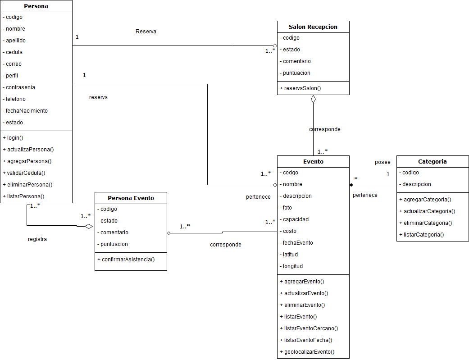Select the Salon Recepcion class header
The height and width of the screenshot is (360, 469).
313,27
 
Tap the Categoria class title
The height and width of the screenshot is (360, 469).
432,161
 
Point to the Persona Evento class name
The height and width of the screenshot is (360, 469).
131,198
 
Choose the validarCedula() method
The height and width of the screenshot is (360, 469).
26,173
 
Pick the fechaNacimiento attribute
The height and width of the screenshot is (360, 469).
27,111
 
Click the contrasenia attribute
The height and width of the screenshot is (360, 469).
20,87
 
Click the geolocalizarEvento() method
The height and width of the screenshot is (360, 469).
310,352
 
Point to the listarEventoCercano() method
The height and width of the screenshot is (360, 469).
311,328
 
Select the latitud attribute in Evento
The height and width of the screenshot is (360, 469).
290,255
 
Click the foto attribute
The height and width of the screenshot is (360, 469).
287,208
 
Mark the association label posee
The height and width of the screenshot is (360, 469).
382,162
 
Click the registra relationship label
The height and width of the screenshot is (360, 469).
37,239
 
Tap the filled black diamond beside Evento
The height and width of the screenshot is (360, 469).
351,185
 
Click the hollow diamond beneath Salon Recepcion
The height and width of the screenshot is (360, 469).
313,99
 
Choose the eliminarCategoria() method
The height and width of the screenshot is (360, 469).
425,223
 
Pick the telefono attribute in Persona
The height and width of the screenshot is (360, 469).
16,99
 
